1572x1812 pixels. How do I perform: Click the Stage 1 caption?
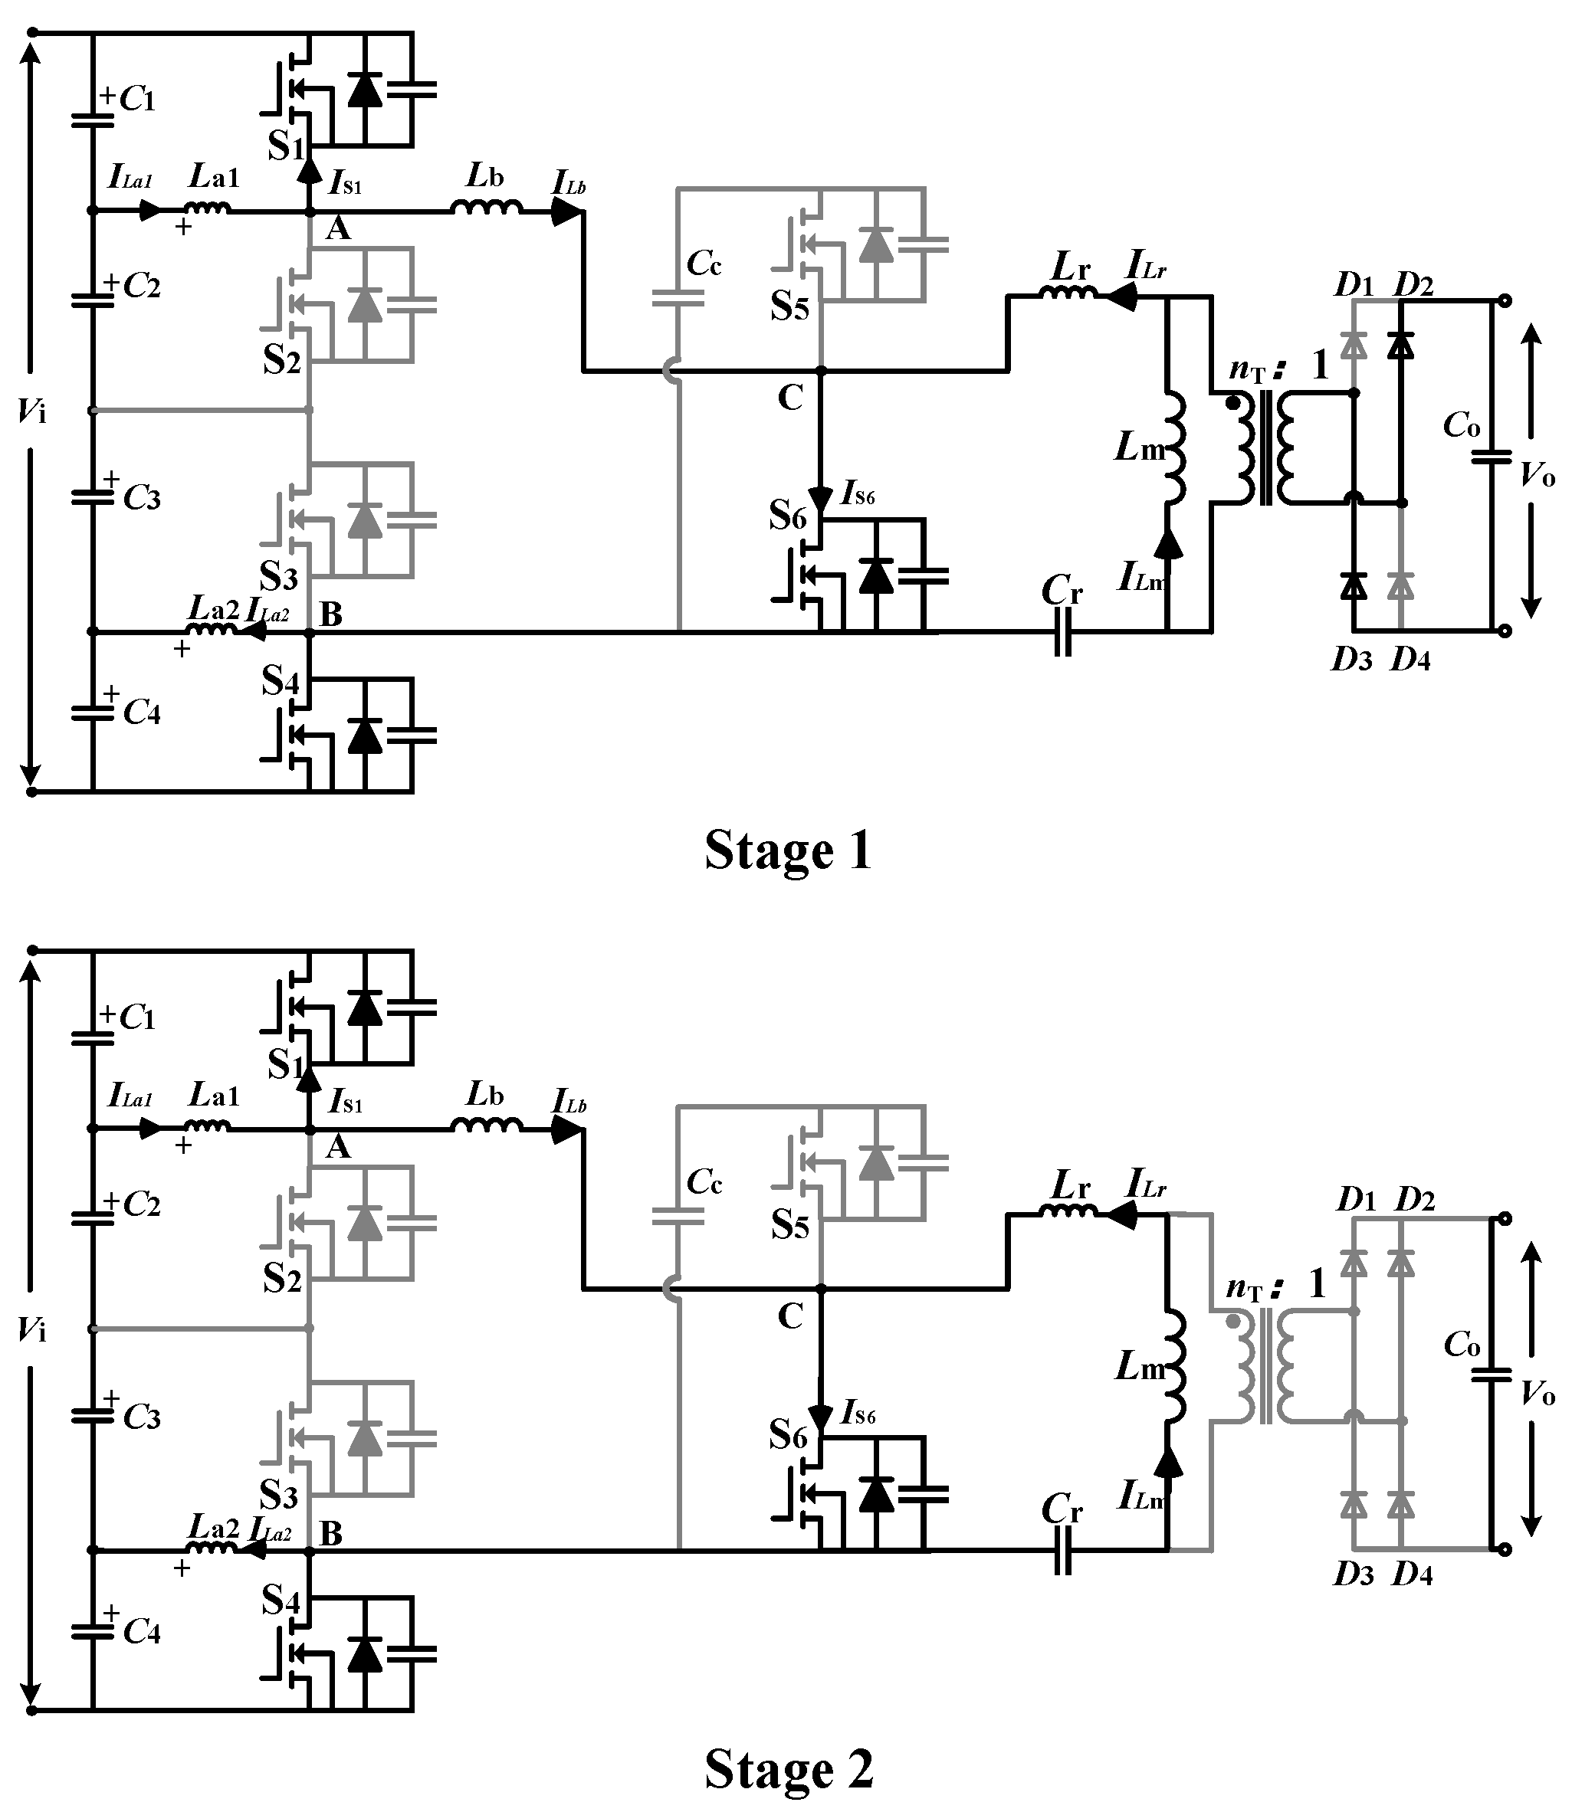pos(788,850)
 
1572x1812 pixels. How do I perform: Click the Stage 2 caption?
pos(789,1768)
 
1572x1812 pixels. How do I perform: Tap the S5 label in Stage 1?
pos(789,308)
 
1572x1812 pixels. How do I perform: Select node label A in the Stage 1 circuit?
pos(338,230)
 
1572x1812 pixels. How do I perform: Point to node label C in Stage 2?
pos(790,1316)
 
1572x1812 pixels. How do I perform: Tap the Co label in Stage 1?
pos(1462,425)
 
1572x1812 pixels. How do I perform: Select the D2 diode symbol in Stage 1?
pos(1401,345)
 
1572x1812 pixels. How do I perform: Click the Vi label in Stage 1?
pos(31,410)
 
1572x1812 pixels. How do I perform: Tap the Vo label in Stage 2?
pos(1537,1394)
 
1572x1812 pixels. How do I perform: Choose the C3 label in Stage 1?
pos(141,498)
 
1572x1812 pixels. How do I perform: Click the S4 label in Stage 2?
pos(281,1601)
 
